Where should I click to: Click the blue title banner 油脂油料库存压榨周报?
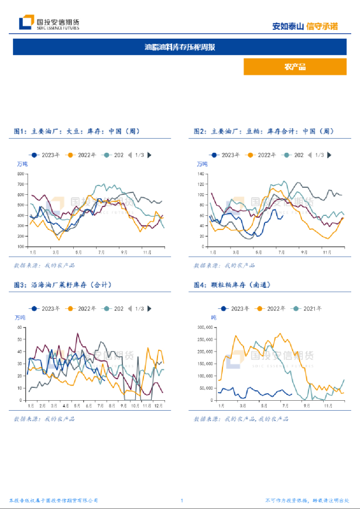click(x=180, y=46)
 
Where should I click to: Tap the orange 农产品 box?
click(x=294, y=67)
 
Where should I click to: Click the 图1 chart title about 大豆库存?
click(x=77, y=132)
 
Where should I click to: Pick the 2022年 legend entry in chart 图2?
click(x=262, y=155)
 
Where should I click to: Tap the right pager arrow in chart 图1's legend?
click(x=150, y=155)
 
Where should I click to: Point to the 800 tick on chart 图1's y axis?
click(x=22, y=174)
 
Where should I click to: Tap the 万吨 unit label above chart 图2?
click(x=202, y=164)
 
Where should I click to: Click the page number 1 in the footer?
click(x=182, y=501)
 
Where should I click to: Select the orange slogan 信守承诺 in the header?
click(x=323, y=26)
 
